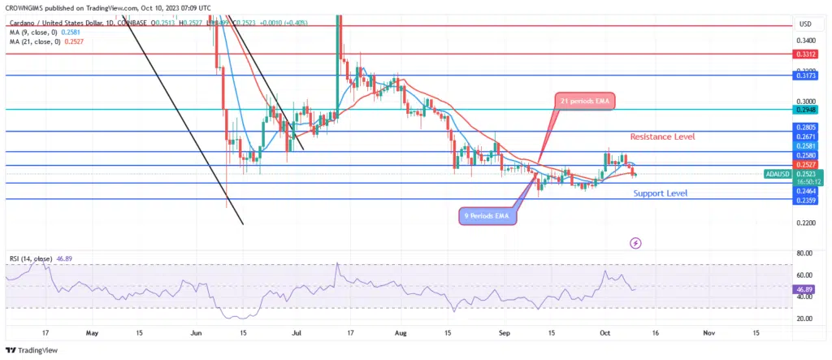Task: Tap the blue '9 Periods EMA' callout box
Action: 485,217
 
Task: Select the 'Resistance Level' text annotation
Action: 662,137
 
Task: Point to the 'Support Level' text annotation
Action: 660,193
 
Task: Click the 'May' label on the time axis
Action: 90,332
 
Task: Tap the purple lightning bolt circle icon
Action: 635,242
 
